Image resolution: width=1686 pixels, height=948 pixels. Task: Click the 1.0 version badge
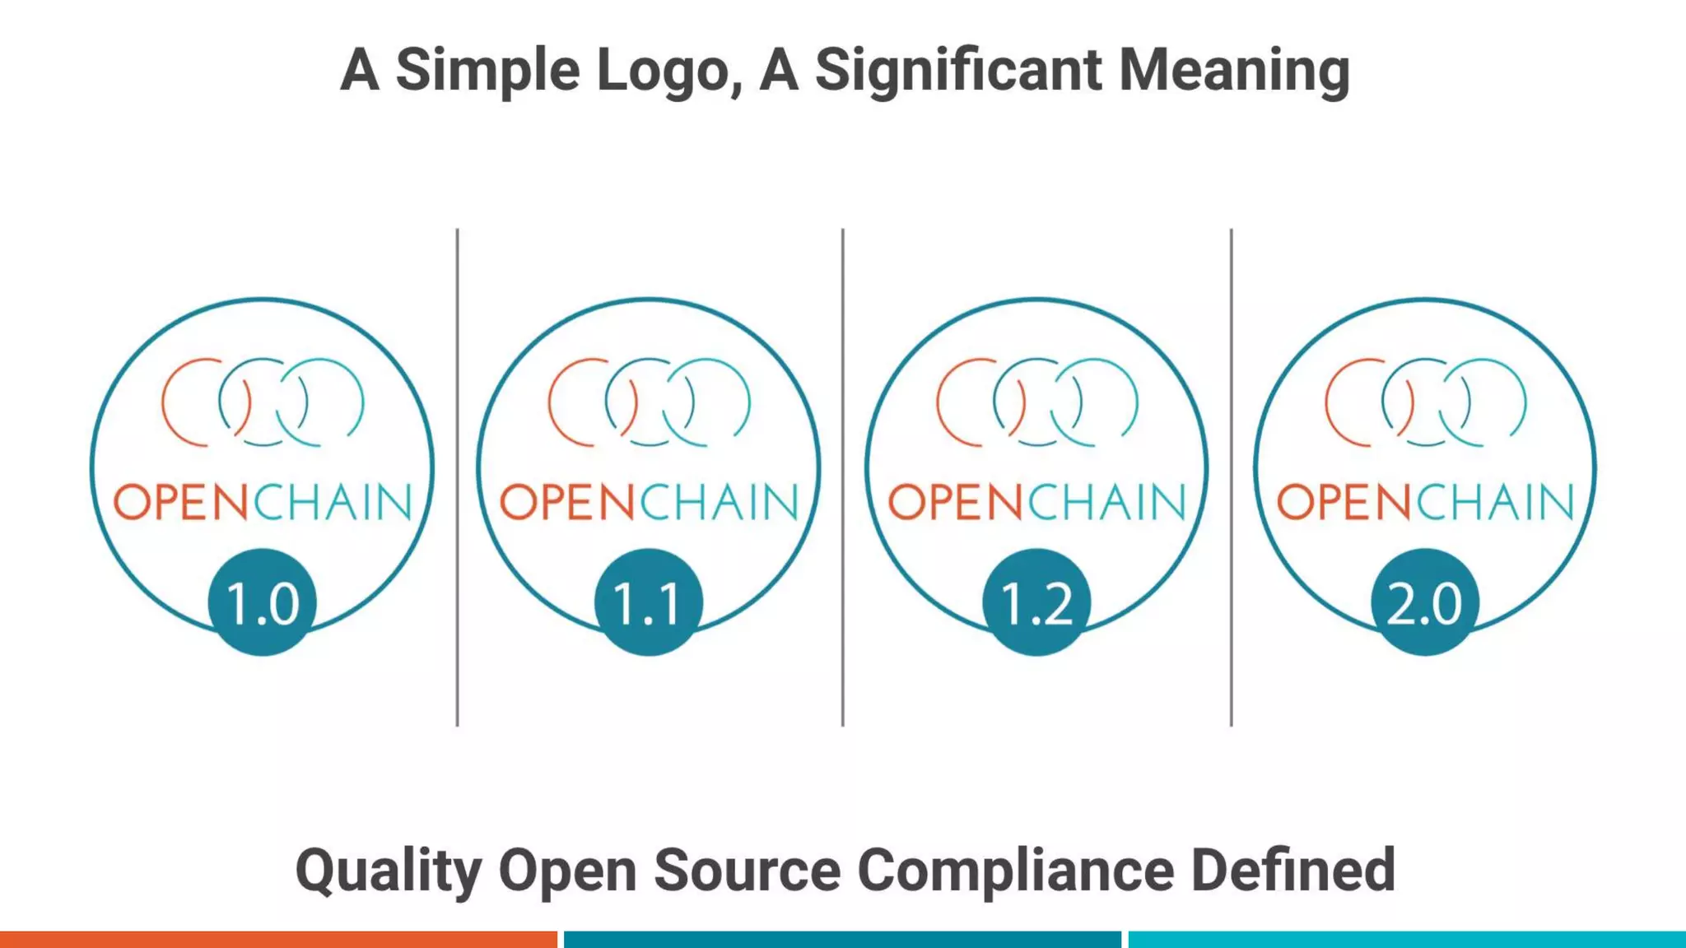click(262, 602)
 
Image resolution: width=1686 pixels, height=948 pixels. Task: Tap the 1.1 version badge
click(649, 602)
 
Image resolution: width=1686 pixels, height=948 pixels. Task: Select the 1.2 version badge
click(1036, 602)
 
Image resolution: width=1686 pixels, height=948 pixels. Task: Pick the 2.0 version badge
click(1425, 602)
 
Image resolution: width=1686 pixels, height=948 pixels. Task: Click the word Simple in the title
click(487, 71)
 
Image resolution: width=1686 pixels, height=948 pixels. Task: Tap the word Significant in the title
click(958, 71)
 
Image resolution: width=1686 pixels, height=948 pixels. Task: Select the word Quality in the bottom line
click(388, 871)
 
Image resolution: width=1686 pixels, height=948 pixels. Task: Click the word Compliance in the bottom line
click(1016, 871)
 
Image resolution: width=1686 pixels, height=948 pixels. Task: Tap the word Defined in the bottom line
click(1293, 871)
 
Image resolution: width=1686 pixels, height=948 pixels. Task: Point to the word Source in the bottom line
click(747, 871)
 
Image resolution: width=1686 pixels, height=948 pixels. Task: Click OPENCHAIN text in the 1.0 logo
click(262, 503)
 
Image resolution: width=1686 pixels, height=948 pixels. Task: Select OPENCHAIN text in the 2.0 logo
click(1425, 503)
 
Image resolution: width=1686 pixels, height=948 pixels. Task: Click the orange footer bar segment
click(278, 939)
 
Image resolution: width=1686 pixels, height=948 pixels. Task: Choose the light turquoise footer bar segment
click(1407, 939)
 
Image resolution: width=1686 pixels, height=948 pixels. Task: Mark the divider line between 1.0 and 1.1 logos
click(457, 477)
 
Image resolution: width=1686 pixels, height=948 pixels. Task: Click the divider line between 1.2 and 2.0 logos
click(1231, 477)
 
